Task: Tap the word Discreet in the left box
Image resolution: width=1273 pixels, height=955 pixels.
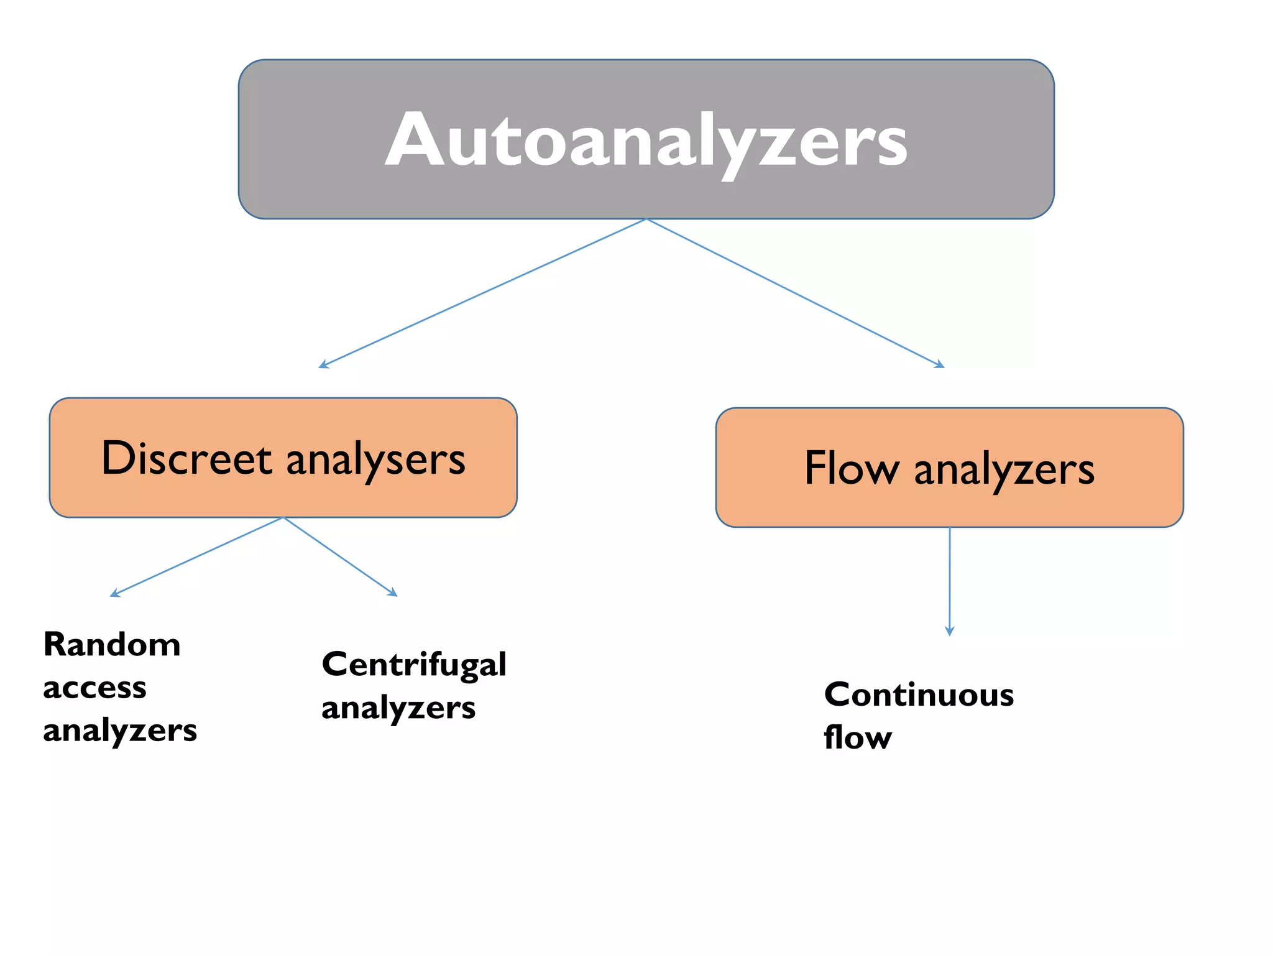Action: point(186,459)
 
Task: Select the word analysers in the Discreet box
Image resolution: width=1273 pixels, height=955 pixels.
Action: point(375,460)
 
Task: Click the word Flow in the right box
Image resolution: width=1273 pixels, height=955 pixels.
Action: point(851,468)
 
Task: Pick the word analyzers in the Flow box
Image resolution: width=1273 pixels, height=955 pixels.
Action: point(1004,470)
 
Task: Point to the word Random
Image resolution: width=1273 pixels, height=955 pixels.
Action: point(112,645)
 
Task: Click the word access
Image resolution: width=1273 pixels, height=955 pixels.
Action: point(94,688)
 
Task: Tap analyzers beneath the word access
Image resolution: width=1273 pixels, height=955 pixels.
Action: point(120,731)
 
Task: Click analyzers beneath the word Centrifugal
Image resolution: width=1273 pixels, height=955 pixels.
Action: point(398,708)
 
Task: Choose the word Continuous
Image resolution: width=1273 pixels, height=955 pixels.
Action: point(919,695)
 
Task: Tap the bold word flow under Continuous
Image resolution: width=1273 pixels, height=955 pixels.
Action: point(858,738)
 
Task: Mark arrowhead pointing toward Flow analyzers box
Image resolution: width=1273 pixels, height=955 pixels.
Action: point(940,365)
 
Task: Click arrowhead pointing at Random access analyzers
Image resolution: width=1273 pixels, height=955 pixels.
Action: point(114,594)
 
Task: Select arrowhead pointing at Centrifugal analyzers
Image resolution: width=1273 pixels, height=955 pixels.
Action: point(393,593)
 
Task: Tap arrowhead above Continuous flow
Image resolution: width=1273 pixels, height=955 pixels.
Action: point(949,632)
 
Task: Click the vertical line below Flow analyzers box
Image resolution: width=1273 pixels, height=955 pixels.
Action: point(949,578)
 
